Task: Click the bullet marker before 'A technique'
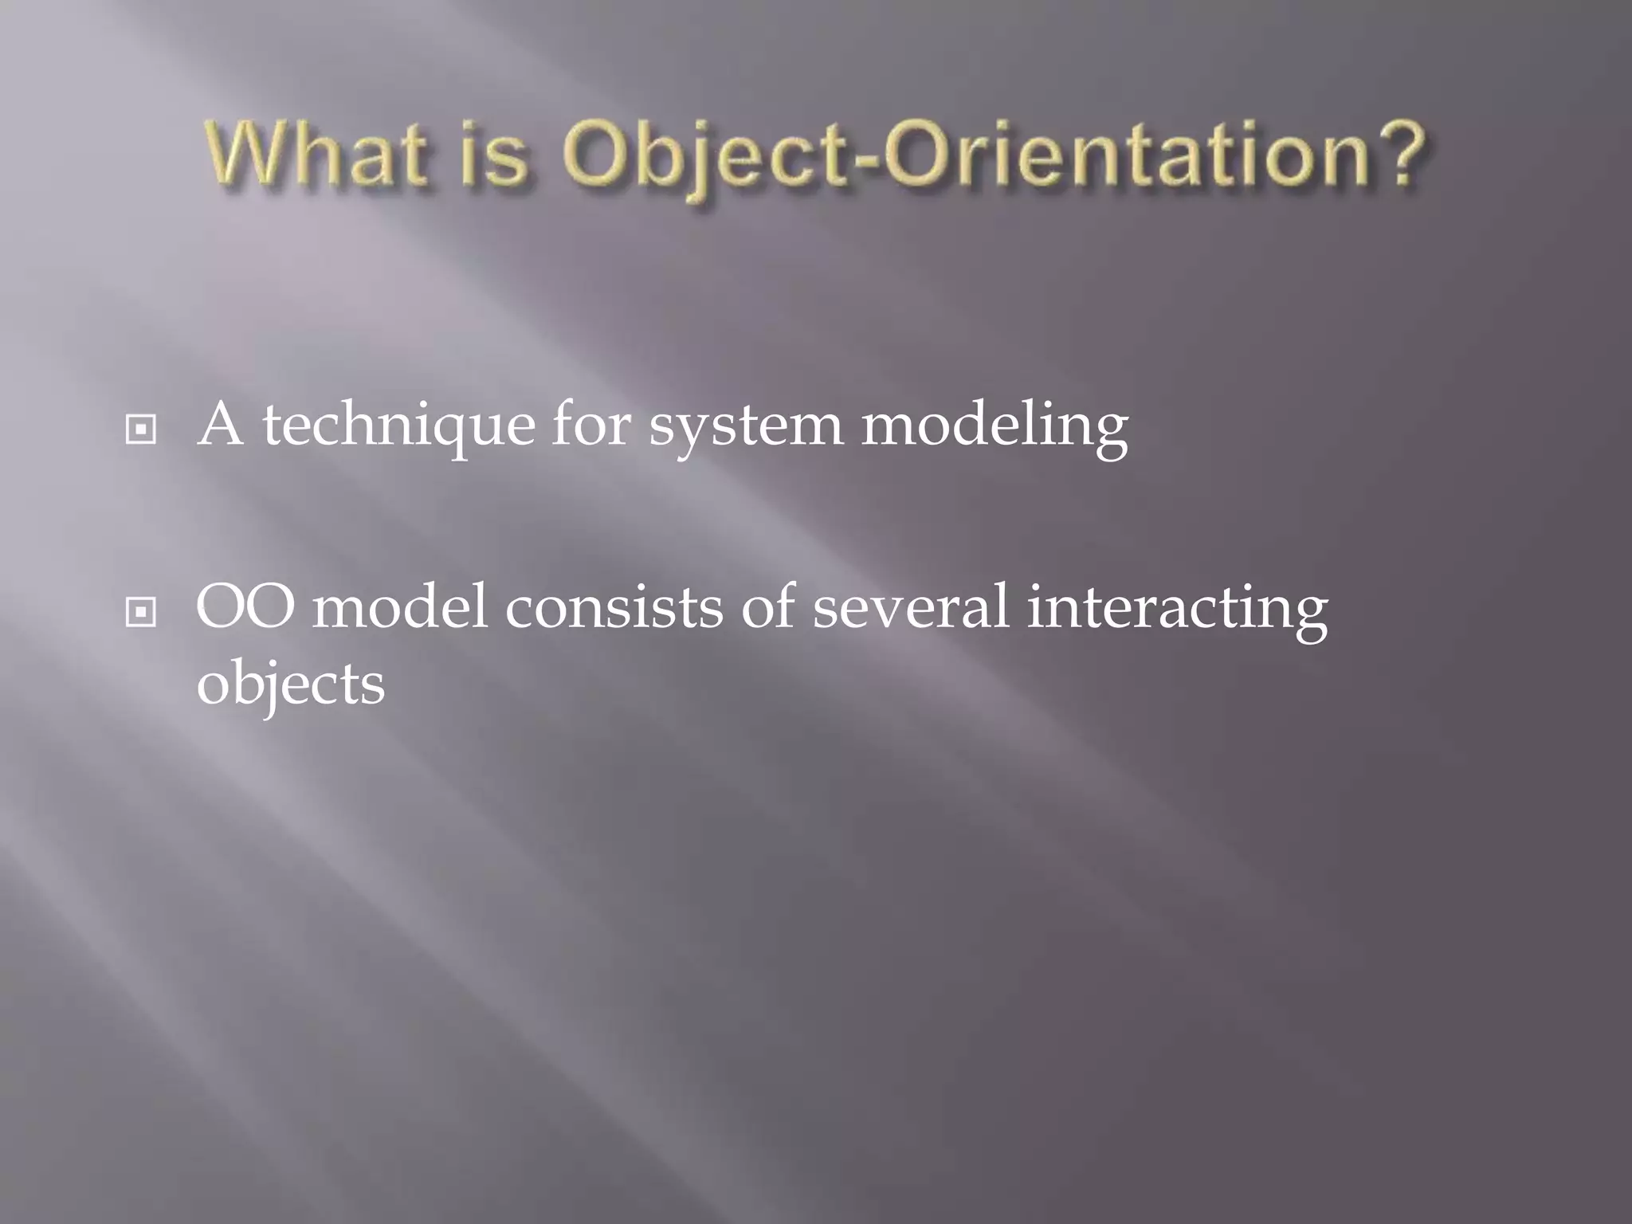(141, 430)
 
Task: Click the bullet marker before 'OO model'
(141, 612)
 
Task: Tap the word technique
(398, 427)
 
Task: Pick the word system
(745, 427)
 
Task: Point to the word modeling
(994, 427)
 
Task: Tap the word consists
(614, 607)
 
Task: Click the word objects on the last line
(291, 685)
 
